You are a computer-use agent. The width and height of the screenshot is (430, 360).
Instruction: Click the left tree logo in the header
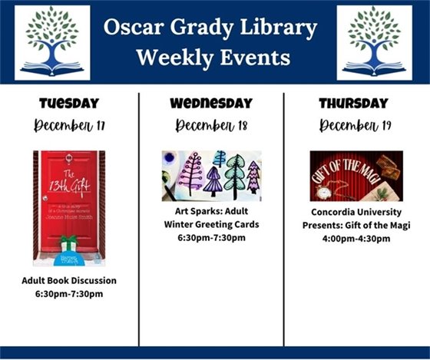(x=52, y=42)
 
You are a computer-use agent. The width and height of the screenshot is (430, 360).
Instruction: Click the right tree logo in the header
(x=374, y=42)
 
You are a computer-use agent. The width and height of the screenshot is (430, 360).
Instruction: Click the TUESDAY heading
(x=68, y=104)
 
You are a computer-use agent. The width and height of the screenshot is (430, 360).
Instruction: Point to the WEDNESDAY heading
(x=211, y=104)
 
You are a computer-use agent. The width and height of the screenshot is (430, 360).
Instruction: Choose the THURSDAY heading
(x=353, y=104)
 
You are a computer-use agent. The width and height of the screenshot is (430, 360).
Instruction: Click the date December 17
(x=68, y=124)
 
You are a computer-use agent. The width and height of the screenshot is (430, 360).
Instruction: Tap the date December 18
(x=211, y=124)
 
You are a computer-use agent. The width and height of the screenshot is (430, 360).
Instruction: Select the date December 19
(x=353, y=124)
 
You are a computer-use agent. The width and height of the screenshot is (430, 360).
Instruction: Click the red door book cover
(x=68, y=207)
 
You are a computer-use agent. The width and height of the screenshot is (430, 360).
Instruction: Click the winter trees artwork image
(x=211, y=175)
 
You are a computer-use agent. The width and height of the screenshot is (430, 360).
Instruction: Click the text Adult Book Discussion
(x=69, y=280)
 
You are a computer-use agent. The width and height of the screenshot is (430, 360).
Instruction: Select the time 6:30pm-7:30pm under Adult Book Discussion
(x=69, y=294)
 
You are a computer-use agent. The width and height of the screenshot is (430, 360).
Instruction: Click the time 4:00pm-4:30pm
(x=356, y=239)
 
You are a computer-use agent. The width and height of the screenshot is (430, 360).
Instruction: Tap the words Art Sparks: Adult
(x=211, y=210)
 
